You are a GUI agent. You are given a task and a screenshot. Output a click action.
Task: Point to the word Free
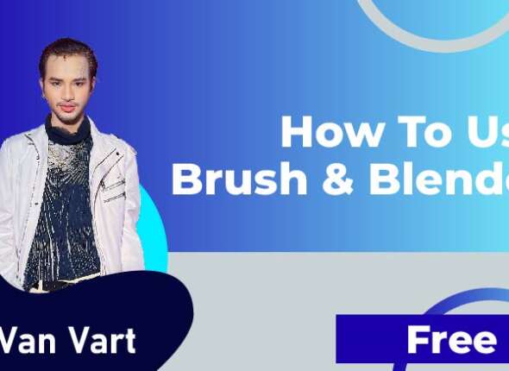point(450,340)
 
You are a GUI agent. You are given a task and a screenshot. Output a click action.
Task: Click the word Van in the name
point(23,340)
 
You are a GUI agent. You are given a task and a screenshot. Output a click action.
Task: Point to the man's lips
point(66,106)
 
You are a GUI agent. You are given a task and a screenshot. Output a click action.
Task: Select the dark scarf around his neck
point(69,131)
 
